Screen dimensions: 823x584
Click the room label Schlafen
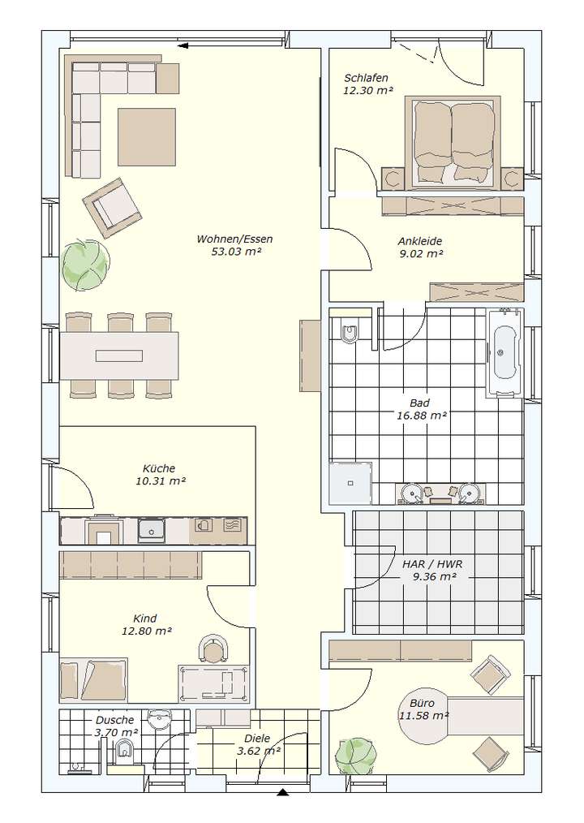pyautogui.click(x=366, y=78)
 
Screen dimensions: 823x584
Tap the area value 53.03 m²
pyautogui.click(x=234, y=252)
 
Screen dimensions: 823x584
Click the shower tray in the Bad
pyautogui.click(x=350, y=484)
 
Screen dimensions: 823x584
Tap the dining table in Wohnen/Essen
pyautogui.click(x=119, y=355)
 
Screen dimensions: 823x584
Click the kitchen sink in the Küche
pyautogui.click(x=152, y=529)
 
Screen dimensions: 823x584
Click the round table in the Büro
pyautogui.click(x=425, y=717)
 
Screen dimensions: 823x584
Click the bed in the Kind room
pyautogui.click(x=93, y=679)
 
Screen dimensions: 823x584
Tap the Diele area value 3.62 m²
pyautogui.click(x=259, y=752)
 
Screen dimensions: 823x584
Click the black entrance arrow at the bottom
pyautogui.click(x=283, y=791)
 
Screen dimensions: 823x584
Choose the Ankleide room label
pyautogui.click(x=419, y=241)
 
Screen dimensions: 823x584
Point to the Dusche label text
pyautogui.click(x=114, y=720)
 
